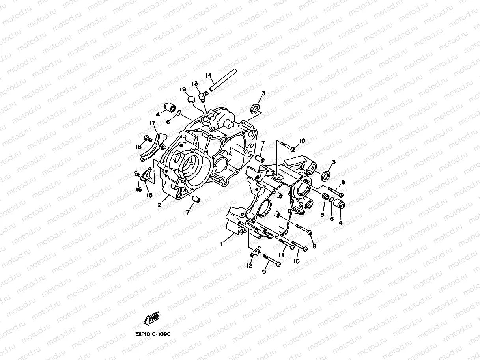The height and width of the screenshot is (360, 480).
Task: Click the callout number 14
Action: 220,75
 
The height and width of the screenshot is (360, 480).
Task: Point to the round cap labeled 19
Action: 191,98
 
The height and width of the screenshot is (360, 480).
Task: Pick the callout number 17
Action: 152,123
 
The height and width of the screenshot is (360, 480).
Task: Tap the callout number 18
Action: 138,147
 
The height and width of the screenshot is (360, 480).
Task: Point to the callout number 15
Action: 150,195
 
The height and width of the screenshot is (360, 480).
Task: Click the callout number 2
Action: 160,205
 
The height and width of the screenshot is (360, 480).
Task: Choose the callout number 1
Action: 222,244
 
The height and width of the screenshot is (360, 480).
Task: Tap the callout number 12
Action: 249,266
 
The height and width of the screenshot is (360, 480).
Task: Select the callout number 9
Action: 264,272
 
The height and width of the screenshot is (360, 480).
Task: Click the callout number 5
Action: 322,215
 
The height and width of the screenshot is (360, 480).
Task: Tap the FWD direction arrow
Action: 152,318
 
